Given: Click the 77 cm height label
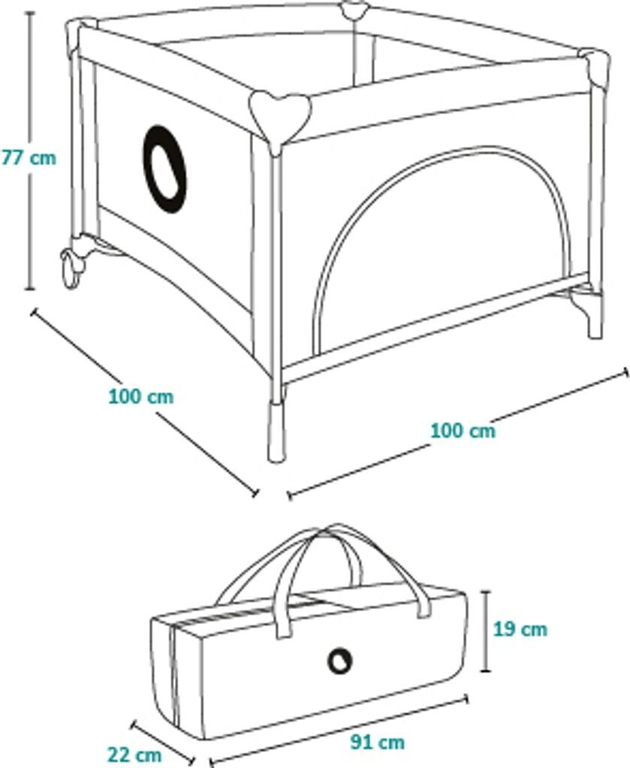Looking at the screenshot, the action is click(29, 158).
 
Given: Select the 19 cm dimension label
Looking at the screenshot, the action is click(520, 628).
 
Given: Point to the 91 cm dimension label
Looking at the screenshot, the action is click(378, 742).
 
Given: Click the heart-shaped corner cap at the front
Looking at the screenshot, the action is click(280, 116).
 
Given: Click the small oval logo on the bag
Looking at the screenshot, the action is click(340, 661).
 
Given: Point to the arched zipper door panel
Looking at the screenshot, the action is click(443, 247).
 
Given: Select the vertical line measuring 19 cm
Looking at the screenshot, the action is click(486, 631).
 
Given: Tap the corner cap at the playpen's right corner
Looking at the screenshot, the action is click(595, 66).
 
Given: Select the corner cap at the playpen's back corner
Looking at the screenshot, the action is click(353, 11).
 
